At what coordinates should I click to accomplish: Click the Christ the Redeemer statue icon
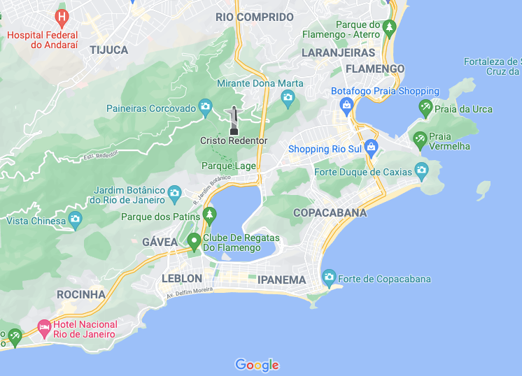[233, 120]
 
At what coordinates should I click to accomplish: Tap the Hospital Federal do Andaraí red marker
[62, 15]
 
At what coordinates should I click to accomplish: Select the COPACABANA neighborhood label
[330, 212]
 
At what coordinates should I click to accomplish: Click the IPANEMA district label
[282, 280]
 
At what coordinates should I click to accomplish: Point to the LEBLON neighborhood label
[182, 278]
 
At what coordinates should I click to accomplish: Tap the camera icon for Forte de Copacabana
[329, 279]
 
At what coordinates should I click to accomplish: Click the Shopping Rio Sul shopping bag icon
[371, 147]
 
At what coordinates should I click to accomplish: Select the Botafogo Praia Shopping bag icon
[345, 105]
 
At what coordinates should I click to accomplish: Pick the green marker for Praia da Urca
[425, 108]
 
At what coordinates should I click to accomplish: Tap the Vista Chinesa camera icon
[76, 220]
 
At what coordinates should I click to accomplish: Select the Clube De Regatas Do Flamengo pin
[195, 242]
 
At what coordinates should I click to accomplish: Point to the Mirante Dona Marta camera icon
[287, 98]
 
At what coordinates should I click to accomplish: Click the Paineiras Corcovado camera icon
[204, 106]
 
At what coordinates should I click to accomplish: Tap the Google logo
[257, 365]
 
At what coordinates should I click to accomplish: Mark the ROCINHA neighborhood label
[81, 294]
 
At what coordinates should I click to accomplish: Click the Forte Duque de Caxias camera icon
[421, 170]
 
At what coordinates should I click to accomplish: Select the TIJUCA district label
[109, 50]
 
